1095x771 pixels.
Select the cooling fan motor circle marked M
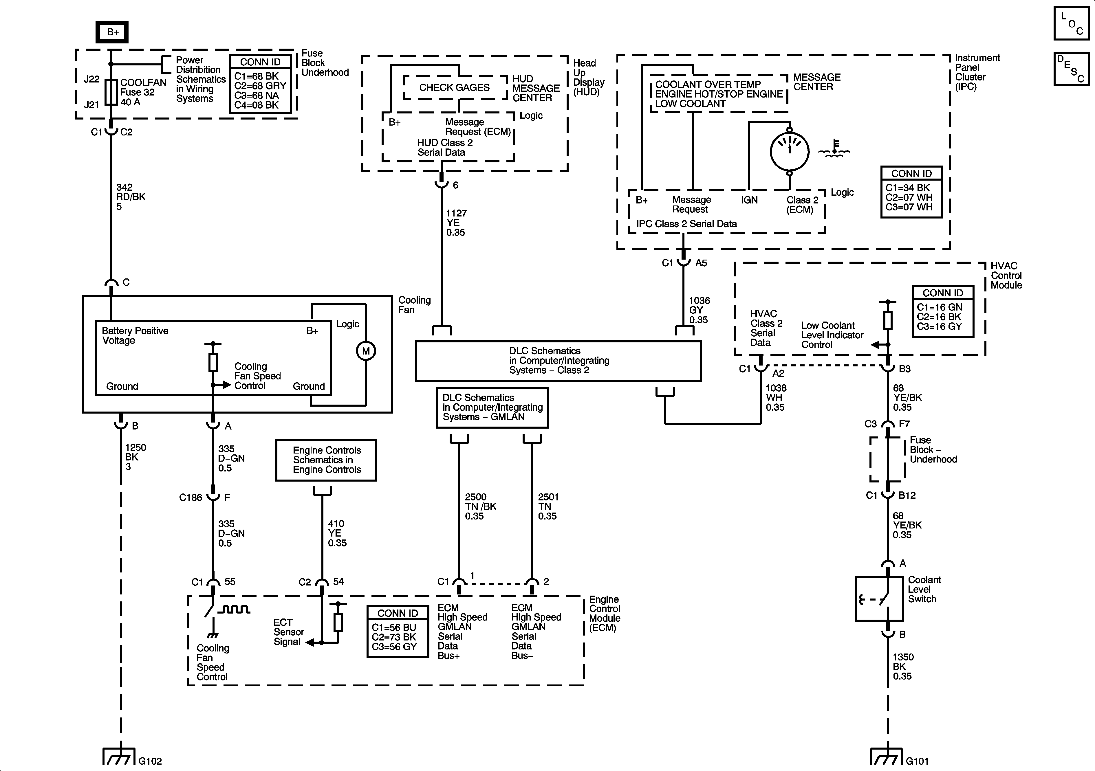(366, 351)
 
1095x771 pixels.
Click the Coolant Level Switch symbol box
(879, 599)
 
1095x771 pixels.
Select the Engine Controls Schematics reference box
(326, 460)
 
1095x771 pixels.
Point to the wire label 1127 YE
(456, 223)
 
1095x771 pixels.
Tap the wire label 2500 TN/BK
(480, 506)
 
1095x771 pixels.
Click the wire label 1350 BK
(902, 667)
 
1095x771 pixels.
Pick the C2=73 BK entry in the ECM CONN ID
(394, 637)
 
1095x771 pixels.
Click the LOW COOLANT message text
(690, 104)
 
